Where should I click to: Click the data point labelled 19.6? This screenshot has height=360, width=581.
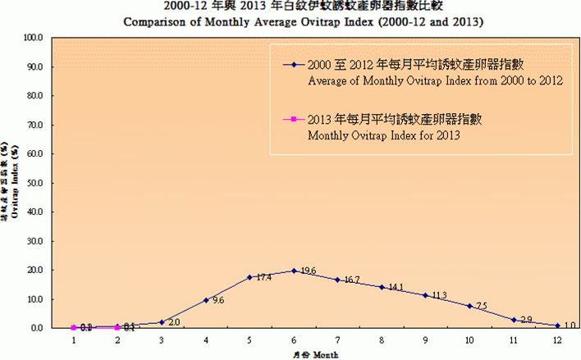(x=294, y=271)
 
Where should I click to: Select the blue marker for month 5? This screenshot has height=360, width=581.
(x=249, y=277)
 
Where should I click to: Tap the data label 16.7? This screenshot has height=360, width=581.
(x=351, y=280)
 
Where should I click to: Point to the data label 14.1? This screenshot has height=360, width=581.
(x=396, y=287)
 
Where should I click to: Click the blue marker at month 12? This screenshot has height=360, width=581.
(x=557, y=325)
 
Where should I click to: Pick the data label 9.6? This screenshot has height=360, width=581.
(x=218, y=301)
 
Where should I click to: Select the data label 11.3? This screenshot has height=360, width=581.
(x=440, y=295)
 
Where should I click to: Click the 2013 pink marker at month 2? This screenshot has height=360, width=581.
(x=117, y=327)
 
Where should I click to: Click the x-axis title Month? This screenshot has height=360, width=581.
(x=321, y=354)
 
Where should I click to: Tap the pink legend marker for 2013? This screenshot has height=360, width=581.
(x=292, y=120)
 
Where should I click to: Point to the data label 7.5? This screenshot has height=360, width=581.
(x=483, y=306)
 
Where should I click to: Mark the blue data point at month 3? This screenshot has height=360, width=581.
(x=162, y=322)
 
